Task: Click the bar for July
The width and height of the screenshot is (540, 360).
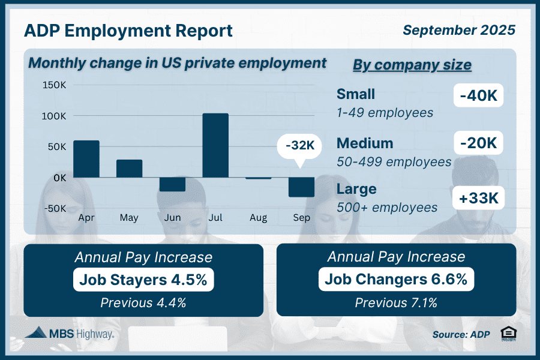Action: point(215,145)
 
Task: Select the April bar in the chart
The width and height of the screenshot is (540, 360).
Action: point(86,159)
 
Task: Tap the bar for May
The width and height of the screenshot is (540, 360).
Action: point(130,169)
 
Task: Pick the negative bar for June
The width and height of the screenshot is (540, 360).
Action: point(172,184)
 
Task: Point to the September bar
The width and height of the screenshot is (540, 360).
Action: point(301,187)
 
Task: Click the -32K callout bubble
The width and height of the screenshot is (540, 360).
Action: point(299,145)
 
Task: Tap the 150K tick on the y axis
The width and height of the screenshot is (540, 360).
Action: point(55,85)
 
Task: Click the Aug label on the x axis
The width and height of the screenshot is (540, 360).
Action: point(259,217)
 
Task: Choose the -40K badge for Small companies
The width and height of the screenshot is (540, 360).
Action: point(478,95)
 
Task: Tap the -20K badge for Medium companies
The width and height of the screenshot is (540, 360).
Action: point(478,143)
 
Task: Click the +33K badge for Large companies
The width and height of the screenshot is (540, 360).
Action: point(478,197)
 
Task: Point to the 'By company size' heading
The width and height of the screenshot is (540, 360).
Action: point(412,65)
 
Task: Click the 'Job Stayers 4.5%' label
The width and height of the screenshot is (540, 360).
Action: point(143,280)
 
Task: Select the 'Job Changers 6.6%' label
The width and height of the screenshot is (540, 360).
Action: point(396,280)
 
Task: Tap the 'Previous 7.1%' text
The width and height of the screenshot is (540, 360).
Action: point(396,302)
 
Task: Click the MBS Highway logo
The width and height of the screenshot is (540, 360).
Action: point(70,334)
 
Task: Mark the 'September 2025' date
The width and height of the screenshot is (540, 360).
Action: point(458,29)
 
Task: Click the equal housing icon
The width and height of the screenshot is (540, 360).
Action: point(507,334)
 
